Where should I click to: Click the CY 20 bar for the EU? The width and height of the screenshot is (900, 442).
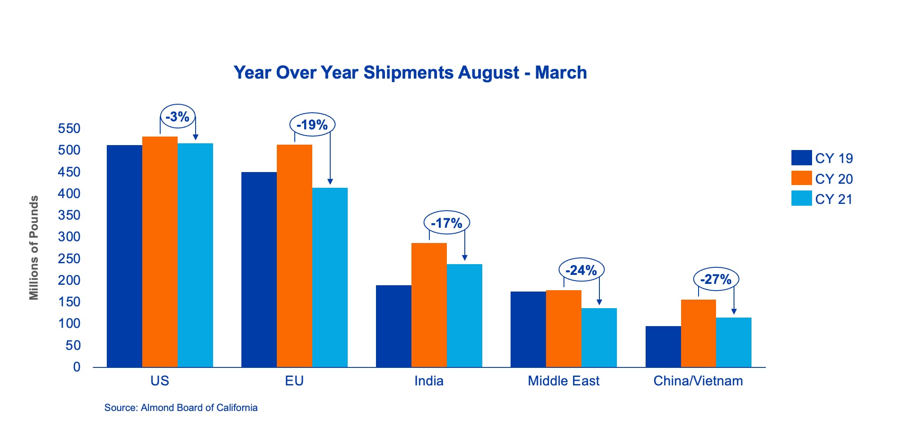[x=294, y=256]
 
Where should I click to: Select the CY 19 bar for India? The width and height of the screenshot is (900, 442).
[x=393, y=326]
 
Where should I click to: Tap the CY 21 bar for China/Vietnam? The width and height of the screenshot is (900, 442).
[x=734, y=342]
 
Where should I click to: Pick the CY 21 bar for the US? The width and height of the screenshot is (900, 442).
[x=195, y=255]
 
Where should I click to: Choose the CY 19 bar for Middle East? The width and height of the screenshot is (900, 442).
[x=528, y=329]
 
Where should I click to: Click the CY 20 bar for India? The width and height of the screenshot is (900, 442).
[x=429, y=305]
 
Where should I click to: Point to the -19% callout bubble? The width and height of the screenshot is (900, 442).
[x=312, y=124]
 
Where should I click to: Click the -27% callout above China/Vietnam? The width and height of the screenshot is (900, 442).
[x=716, y=279]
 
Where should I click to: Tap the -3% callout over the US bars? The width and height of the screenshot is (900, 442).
[x=178, y=117]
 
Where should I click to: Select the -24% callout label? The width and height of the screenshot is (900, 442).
[x=581, y=270]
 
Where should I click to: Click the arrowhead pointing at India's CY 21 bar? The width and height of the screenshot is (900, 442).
[x=465, y=258]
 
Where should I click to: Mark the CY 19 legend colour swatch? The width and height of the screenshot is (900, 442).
[x=801, y=158]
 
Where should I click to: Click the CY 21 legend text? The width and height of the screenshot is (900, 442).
[x=834, y=199]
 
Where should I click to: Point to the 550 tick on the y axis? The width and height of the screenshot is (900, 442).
[x=69, y=128]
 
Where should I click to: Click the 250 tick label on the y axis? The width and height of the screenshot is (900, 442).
[x=69, y=259]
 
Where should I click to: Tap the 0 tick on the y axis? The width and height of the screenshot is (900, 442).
[x=77, y=367]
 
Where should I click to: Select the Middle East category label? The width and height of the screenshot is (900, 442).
[x=564, y=381]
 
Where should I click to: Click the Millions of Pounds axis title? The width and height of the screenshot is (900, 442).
[x=34, y=248]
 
